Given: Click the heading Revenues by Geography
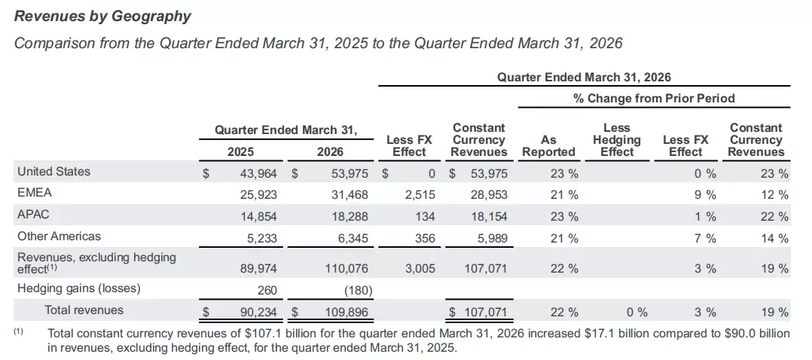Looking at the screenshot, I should click(102, 16).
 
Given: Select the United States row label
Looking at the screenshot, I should click(53, 172).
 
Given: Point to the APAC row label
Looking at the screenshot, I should click(33, 215).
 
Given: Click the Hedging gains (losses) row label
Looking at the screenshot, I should click(78, 288).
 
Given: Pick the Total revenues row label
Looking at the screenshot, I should click(84, 310).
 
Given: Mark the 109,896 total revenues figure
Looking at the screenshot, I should click(343, 312).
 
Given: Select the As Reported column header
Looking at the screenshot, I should click(548, 146).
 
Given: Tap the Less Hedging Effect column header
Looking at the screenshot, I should click(616, 140).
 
